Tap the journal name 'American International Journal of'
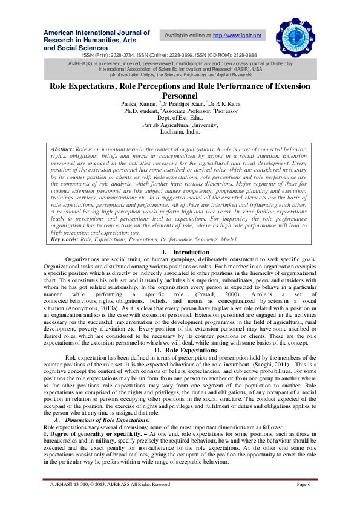97,31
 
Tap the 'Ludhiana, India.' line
180,131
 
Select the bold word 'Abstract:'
62,149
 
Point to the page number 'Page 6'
304,484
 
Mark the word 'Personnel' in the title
180,96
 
